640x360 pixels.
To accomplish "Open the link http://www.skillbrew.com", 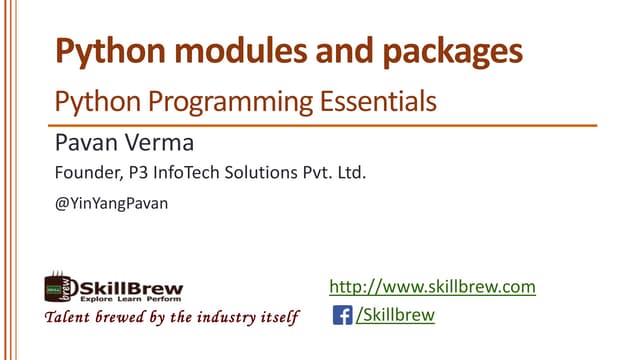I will (433, 288).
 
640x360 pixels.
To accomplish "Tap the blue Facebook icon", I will (341, 317).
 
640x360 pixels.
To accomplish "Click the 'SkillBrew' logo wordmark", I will (125, 284).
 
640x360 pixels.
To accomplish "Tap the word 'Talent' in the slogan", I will (62, 318).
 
